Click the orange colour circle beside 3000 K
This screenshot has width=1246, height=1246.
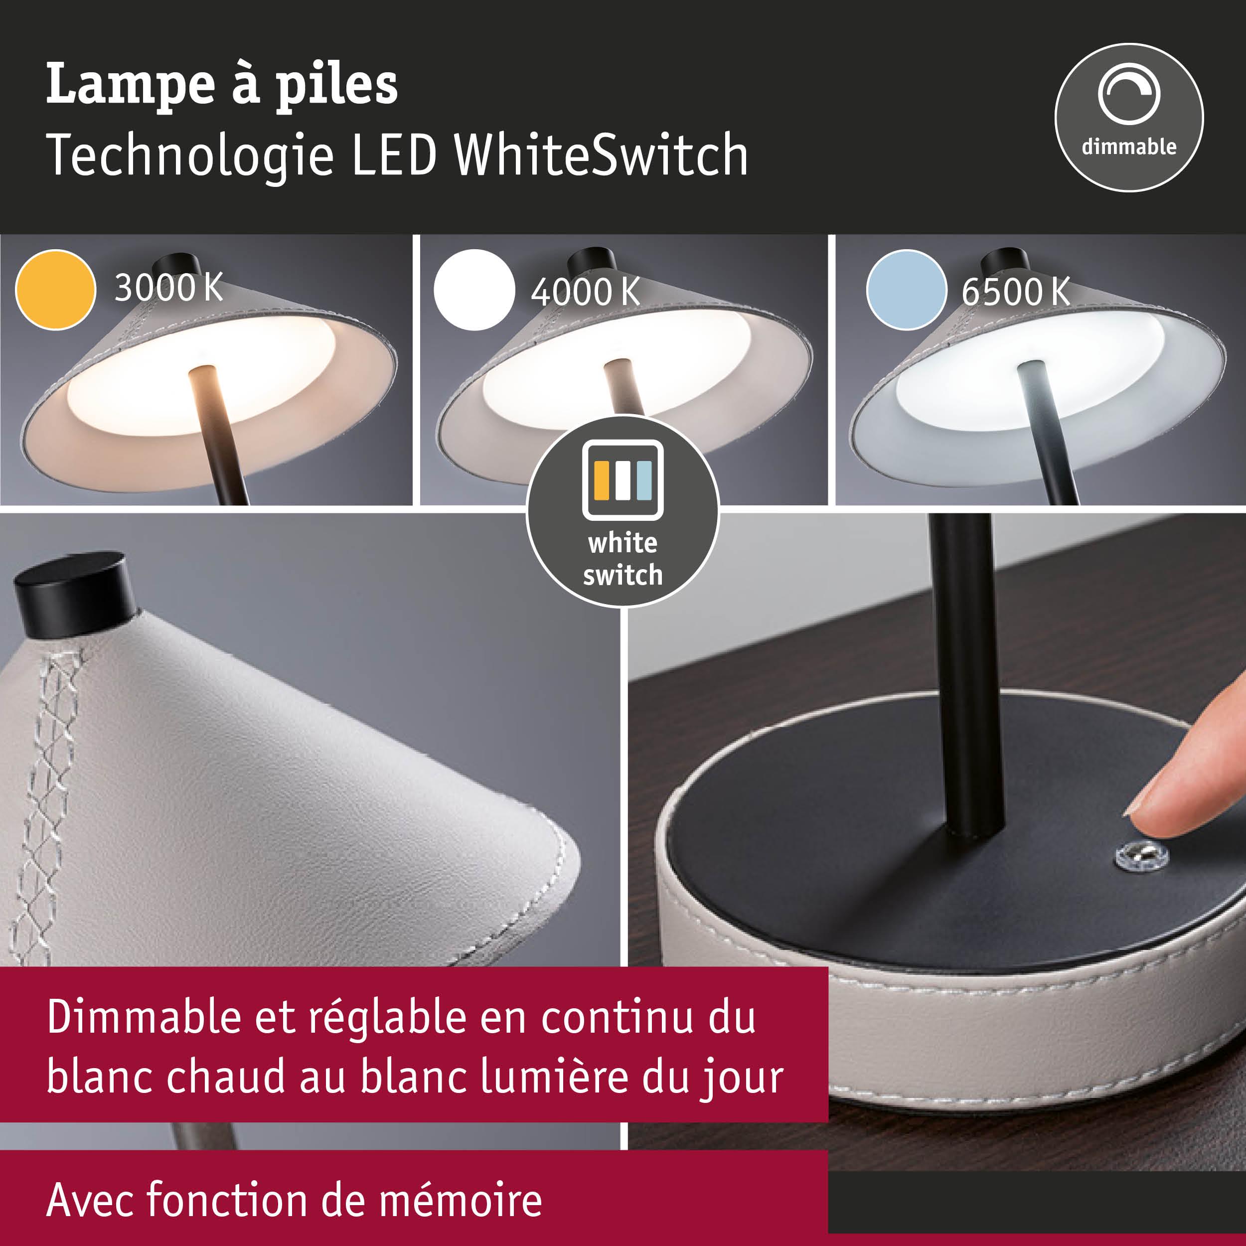coord(55,290)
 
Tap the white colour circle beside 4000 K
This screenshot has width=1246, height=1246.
coord(474,290)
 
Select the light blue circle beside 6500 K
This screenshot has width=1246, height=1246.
coord(906,290)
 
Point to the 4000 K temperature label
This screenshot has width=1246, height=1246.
coord(585,292)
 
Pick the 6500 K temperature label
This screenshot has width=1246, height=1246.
coord(1015,292)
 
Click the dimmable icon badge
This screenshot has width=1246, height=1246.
coord(1128,118)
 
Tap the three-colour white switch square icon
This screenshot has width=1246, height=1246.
coord(623,480)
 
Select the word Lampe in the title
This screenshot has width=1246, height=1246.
coord(130,85)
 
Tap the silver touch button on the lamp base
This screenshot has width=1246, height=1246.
coord(1141,856)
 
